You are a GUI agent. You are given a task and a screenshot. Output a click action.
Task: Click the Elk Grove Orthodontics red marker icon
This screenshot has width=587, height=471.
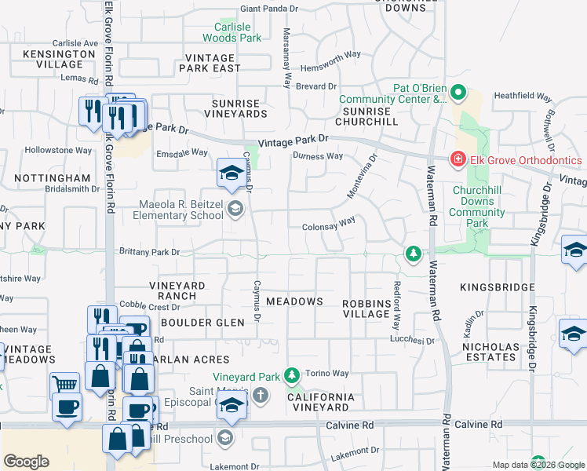tap(458, 159)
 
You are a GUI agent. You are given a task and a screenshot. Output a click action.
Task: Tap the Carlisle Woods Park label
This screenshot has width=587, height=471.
tap(232, 32)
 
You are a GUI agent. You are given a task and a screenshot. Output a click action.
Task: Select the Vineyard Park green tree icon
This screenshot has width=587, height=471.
tap(293, 374)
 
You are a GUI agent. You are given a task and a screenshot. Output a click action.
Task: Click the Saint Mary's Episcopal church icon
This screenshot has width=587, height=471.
tap(261, 395)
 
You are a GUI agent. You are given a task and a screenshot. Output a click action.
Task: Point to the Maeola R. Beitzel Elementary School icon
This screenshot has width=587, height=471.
tap(236, 209)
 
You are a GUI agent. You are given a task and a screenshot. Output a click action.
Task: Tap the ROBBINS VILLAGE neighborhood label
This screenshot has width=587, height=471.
tap(366, 309)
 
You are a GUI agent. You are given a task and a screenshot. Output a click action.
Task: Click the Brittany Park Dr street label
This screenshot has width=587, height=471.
tap(149, 252)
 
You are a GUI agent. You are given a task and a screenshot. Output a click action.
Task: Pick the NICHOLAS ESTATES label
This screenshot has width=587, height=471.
tap(490, 352)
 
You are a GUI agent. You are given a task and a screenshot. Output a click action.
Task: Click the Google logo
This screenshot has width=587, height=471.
tap(26, 462)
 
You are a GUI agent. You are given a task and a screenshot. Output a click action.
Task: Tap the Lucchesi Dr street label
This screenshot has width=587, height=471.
tap(413, 341)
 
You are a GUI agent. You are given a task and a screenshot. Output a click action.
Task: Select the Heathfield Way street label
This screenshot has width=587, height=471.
tap(520, 97)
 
